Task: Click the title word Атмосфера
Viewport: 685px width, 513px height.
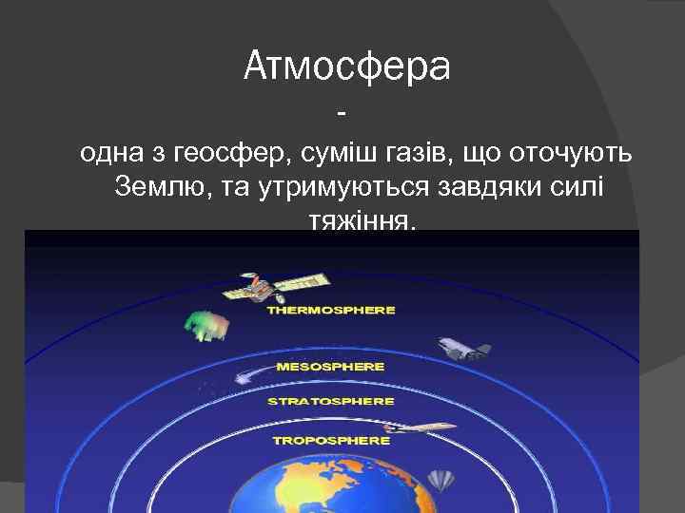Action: click(x=346, y=66)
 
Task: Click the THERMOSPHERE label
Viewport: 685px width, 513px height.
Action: click(x=331, y=310)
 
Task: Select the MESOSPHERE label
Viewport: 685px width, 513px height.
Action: click(x=330, y=366)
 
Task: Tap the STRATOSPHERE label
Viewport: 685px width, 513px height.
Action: click(x=330, y=401)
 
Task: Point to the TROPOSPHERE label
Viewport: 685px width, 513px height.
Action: click(x=330, y=440)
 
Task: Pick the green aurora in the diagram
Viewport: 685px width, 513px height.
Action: click(x=205, y=325)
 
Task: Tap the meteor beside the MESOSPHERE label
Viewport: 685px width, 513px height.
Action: click(x=244, y=371)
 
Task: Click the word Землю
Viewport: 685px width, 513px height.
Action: click(x=163, y=187)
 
